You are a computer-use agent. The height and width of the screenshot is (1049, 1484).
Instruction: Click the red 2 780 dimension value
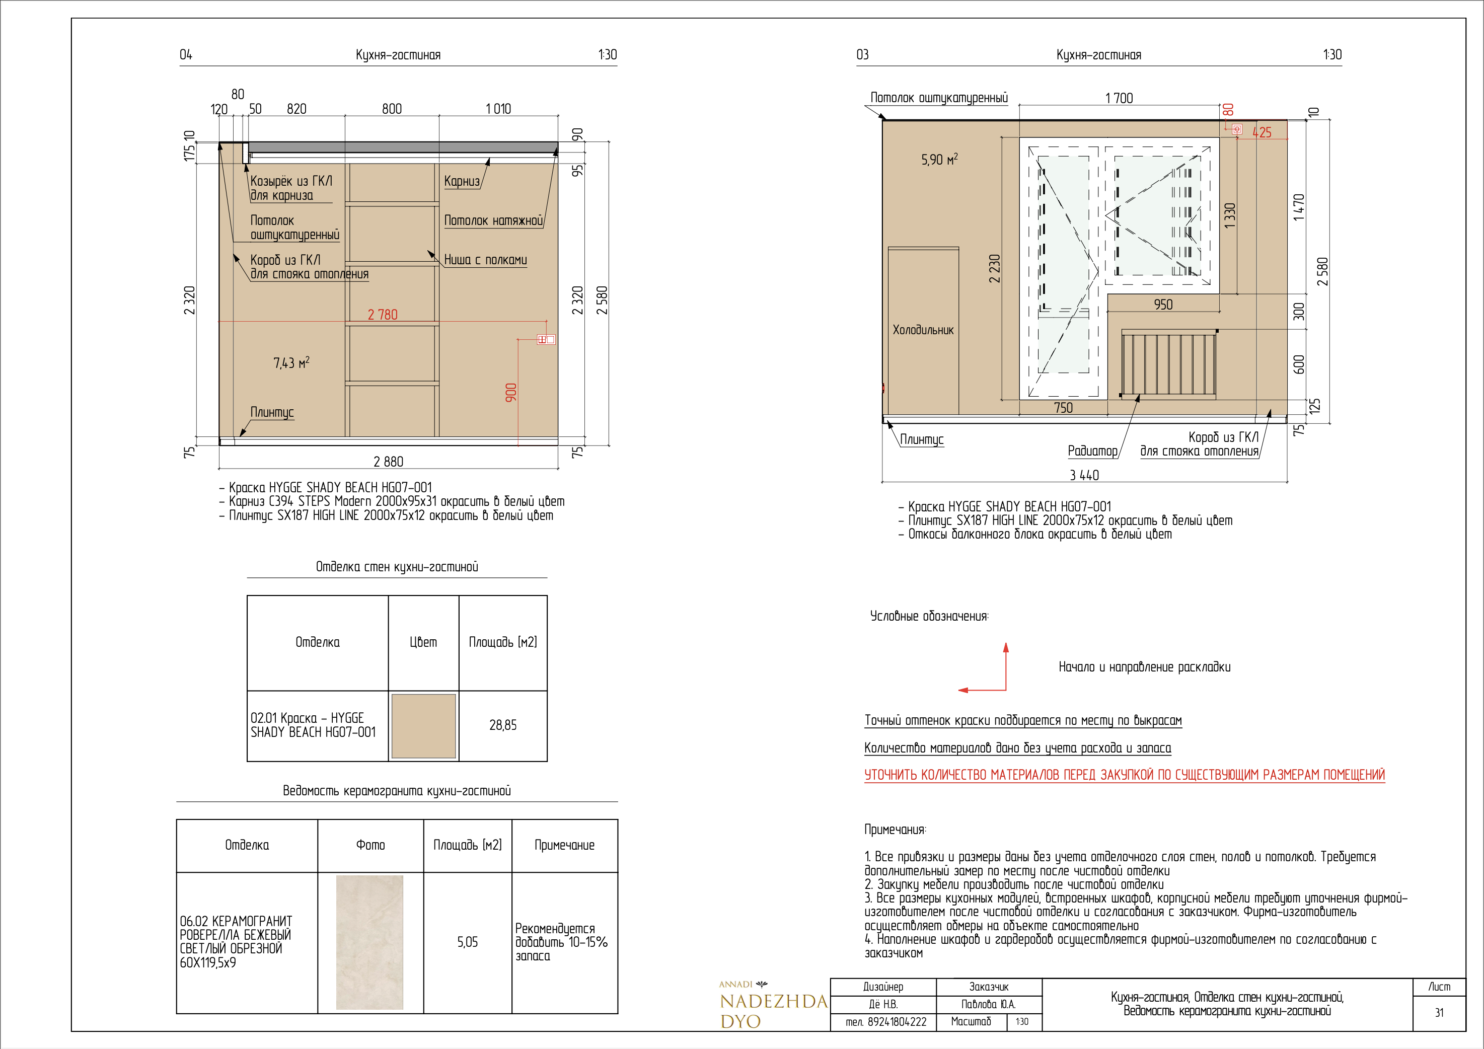tap(383, 315)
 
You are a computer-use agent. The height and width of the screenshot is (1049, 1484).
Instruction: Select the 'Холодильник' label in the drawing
tap(923, 330)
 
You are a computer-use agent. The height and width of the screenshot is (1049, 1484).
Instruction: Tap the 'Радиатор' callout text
tap(1092, 451)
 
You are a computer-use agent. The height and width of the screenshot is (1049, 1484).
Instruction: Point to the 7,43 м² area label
tap(291, 362)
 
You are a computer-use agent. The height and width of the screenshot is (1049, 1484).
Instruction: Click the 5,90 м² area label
tap(939, 159)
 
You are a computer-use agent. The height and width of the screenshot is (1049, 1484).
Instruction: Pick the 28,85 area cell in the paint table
tap(503, 725)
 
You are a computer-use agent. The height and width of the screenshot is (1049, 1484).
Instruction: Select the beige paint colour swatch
tap(423, 726)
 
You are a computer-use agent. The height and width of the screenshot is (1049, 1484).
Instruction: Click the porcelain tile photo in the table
tap(369, 942)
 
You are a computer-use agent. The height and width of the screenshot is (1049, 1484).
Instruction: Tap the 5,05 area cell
tap(467, 942)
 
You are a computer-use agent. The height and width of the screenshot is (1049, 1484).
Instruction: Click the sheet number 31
tap(1439, 1013)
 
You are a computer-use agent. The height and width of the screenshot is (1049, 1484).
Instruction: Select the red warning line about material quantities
tap(1125, 775)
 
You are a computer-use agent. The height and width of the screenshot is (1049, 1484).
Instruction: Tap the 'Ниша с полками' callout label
tap(485, 260)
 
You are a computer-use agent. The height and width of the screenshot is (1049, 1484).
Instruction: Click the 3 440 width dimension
tap(1084, 476)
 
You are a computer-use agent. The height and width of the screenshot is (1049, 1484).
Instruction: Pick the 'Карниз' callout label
tap(462, 181)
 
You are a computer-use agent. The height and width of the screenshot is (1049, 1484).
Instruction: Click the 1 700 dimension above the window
tap(1119, 98)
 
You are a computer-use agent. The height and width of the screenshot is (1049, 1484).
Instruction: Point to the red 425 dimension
tap(1262, 132)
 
